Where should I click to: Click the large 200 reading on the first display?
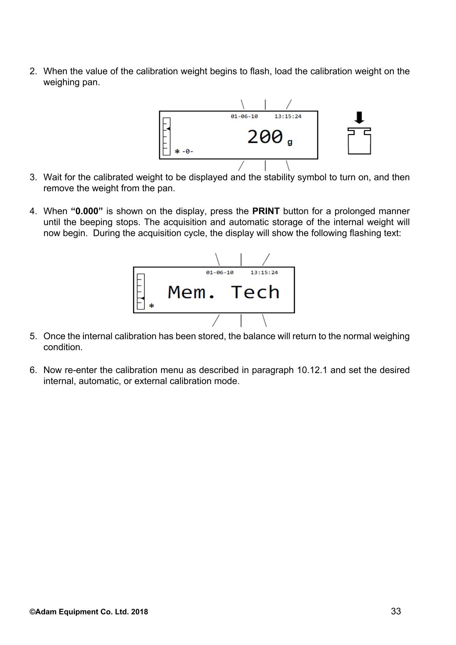265,137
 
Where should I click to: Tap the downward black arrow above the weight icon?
359,117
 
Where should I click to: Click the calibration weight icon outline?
359,141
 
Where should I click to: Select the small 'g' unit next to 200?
290,142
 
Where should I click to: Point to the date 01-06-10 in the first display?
244,116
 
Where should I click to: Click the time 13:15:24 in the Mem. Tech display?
264,272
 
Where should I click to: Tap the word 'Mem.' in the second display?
192,292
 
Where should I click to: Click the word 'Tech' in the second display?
255,292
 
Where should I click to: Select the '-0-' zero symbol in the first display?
188,152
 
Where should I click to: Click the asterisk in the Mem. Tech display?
152,306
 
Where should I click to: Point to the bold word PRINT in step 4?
266,211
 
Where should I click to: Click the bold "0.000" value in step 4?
87,211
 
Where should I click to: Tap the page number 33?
396,611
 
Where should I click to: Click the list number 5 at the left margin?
33,336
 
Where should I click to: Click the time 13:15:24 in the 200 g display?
288,116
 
